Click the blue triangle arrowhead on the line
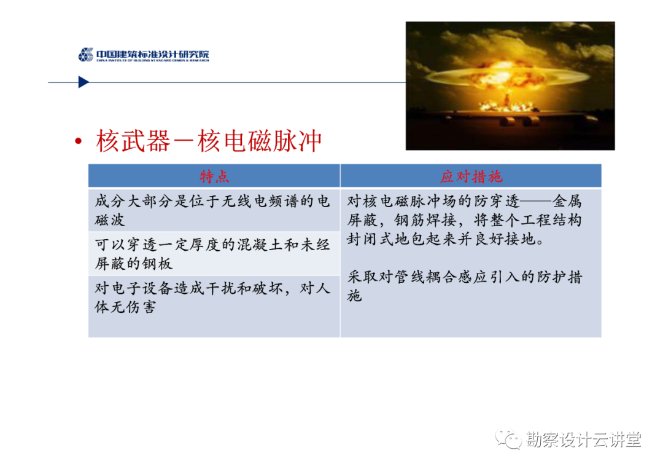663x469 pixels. (x=83, y=82)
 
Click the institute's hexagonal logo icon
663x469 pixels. (x=86, y=55)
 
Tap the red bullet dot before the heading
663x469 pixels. (x=78, y=141)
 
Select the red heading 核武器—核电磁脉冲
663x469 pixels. (x=209, y=141)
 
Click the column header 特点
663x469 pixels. (x=214, y=176)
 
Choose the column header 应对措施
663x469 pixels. (x=471, y=176)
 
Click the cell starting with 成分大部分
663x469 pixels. (x=212, y=210)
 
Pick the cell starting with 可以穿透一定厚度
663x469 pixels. (x=212, y=254)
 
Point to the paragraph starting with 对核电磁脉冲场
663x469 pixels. (x=464, y=220)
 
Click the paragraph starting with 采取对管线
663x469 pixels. (x=464, y=286)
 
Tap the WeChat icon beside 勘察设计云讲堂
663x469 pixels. (x=509, y=439)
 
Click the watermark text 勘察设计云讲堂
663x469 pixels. (x=584, y=439)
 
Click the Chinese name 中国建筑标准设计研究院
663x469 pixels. (x=153, y=53)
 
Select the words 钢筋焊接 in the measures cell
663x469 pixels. (x=425, y=220)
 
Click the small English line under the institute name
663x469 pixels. (x=153, y=60)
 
